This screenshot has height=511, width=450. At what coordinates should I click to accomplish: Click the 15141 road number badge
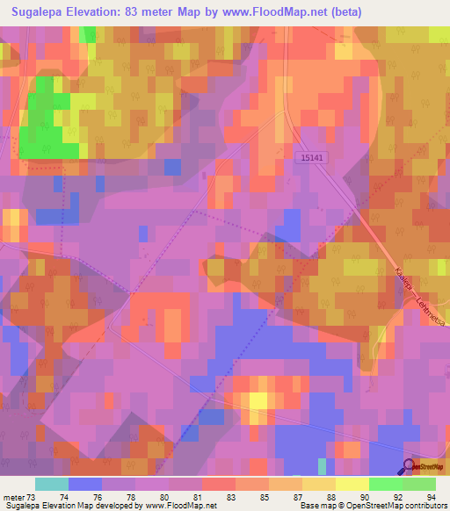click(311, 157)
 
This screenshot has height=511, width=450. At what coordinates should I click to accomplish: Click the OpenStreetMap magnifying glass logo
click(410, 467)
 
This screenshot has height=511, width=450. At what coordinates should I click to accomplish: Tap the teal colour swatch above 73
click(51, 484)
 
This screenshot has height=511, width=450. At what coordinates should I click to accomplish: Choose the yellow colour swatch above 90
click(352, 484)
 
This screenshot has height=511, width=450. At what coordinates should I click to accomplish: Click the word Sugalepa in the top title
click(41, 12)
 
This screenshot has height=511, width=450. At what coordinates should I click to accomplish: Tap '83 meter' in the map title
click(162, 12)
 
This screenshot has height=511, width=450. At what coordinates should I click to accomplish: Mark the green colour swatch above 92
click(386, 484)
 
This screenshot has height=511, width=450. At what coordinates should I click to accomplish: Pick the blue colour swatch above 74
click(84, 484)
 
